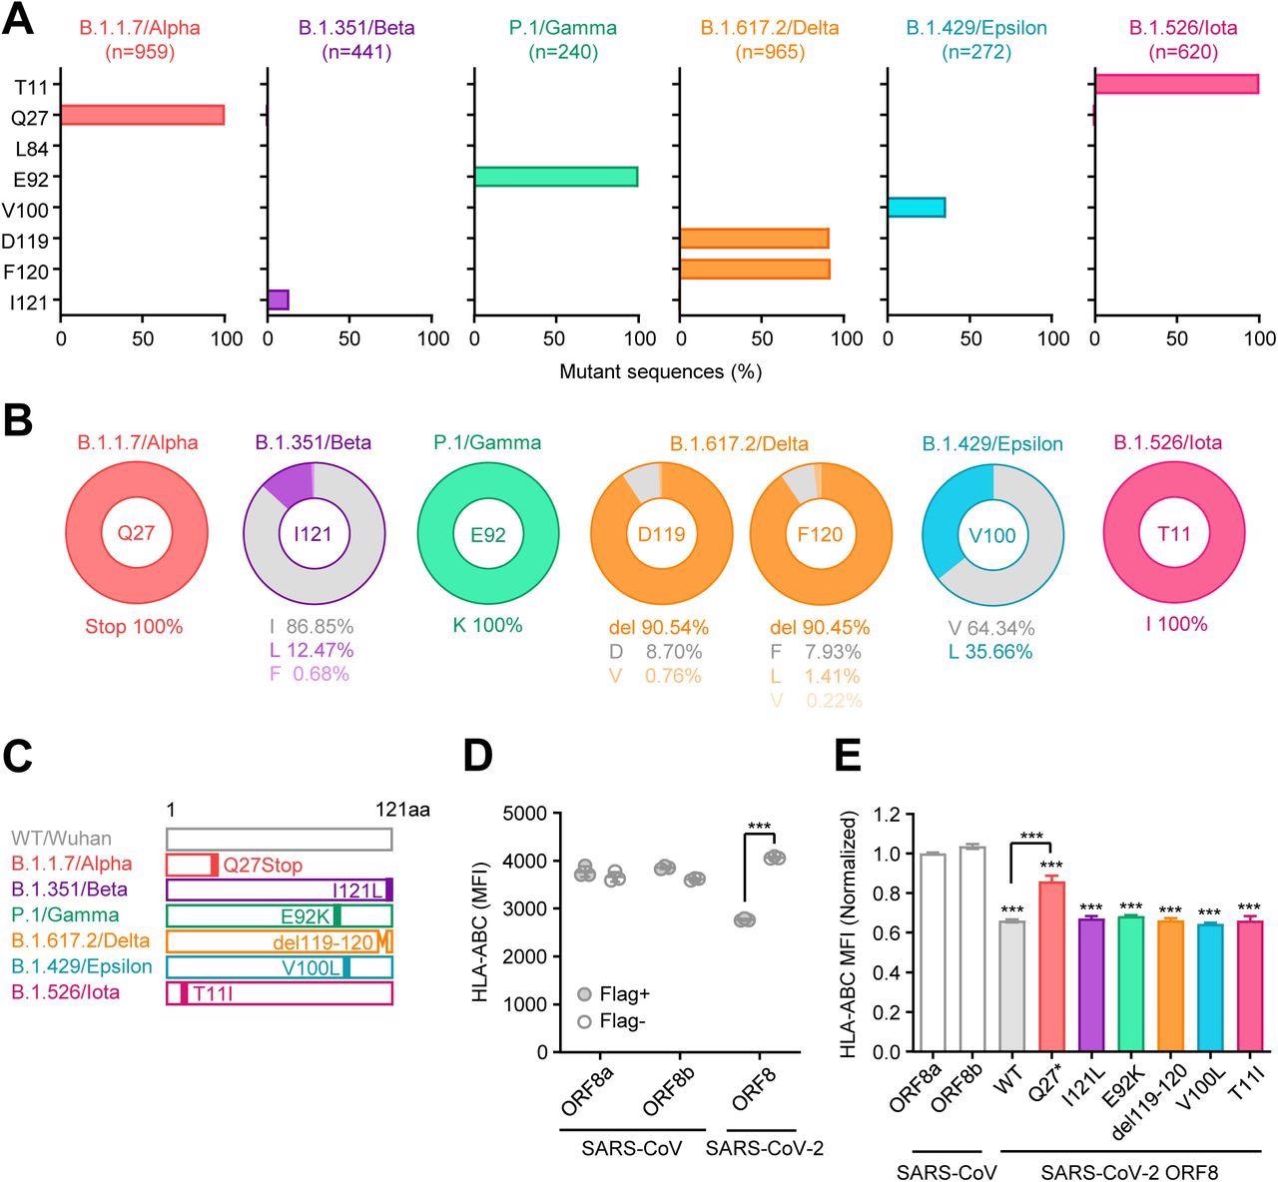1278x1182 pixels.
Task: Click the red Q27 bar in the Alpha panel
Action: coord(142,115)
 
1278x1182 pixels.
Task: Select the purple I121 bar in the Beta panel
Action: coord(279,299)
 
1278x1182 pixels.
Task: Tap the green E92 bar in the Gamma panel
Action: coord(555,177)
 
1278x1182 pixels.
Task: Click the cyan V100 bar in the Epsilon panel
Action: coord(916,208)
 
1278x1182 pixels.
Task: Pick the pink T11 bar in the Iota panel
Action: coord(1176,84)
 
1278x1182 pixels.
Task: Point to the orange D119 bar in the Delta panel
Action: coord(754,239)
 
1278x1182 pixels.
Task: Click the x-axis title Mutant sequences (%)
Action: coord(660,372)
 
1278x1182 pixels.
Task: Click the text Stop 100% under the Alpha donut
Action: coord(134,628)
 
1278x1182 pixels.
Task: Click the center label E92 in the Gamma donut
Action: coord(487,534)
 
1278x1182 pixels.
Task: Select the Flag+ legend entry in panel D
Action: coord(614,994)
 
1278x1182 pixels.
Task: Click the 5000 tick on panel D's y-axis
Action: coord(532,813)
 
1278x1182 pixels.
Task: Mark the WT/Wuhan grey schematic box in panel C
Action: coord(279,839)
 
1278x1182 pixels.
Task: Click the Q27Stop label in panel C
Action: coord(262,865)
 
